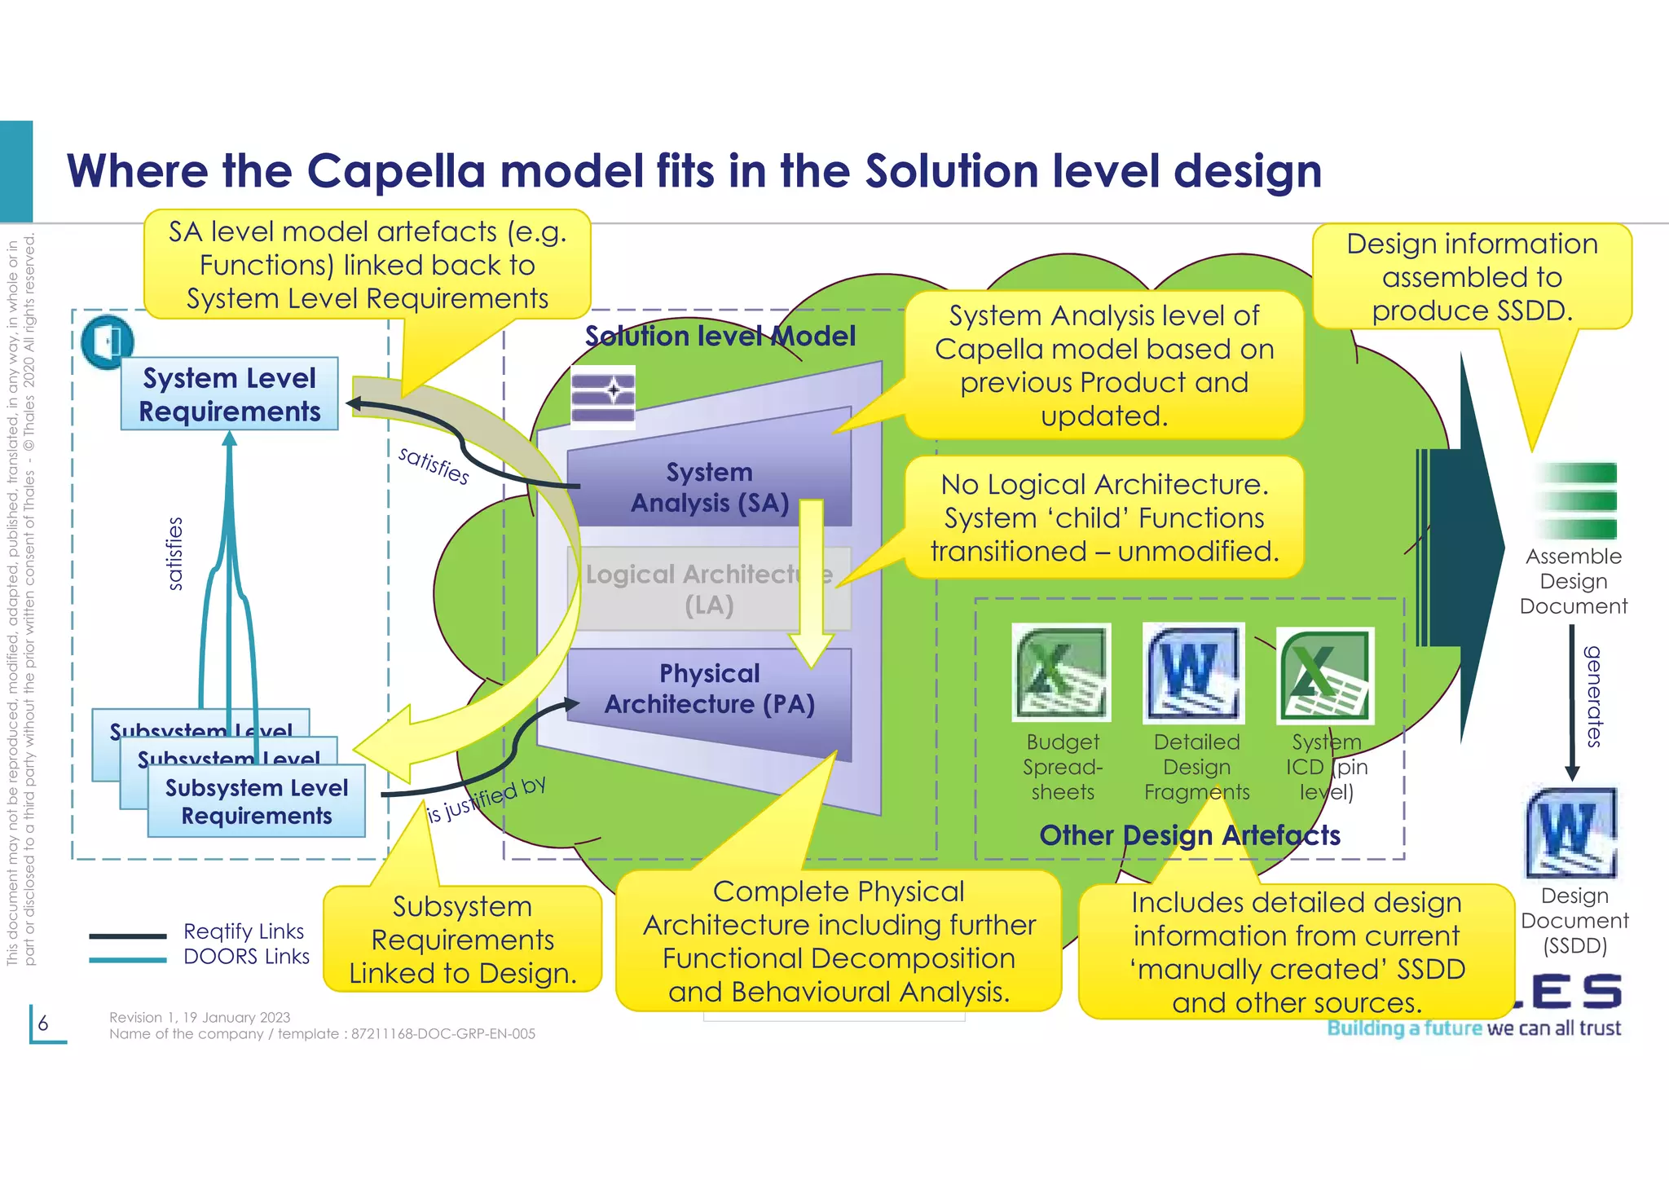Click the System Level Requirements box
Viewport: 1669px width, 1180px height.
229,394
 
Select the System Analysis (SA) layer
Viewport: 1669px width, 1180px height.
709,487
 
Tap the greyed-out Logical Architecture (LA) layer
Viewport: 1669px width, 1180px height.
709,589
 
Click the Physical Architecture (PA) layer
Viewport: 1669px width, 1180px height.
709,689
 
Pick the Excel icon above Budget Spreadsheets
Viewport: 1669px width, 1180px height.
1061,672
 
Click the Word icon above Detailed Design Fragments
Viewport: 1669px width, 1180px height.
1194,672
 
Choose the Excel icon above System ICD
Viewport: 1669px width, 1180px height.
1326,675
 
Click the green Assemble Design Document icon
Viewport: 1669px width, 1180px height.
1574,500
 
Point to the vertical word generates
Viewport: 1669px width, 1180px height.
1592,696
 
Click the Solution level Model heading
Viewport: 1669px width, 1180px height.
720,336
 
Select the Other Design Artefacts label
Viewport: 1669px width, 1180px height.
1189,834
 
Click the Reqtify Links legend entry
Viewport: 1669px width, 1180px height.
244,931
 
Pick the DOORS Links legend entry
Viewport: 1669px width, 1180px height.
246,956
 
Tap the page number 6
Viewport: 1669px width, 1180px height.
43,1023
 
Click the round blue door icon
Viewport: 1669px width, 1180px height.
107,341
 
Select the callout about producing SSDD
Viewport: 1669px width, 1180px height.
1472,277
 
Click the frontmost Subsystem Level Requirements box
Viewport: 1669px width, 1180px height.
256,801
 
